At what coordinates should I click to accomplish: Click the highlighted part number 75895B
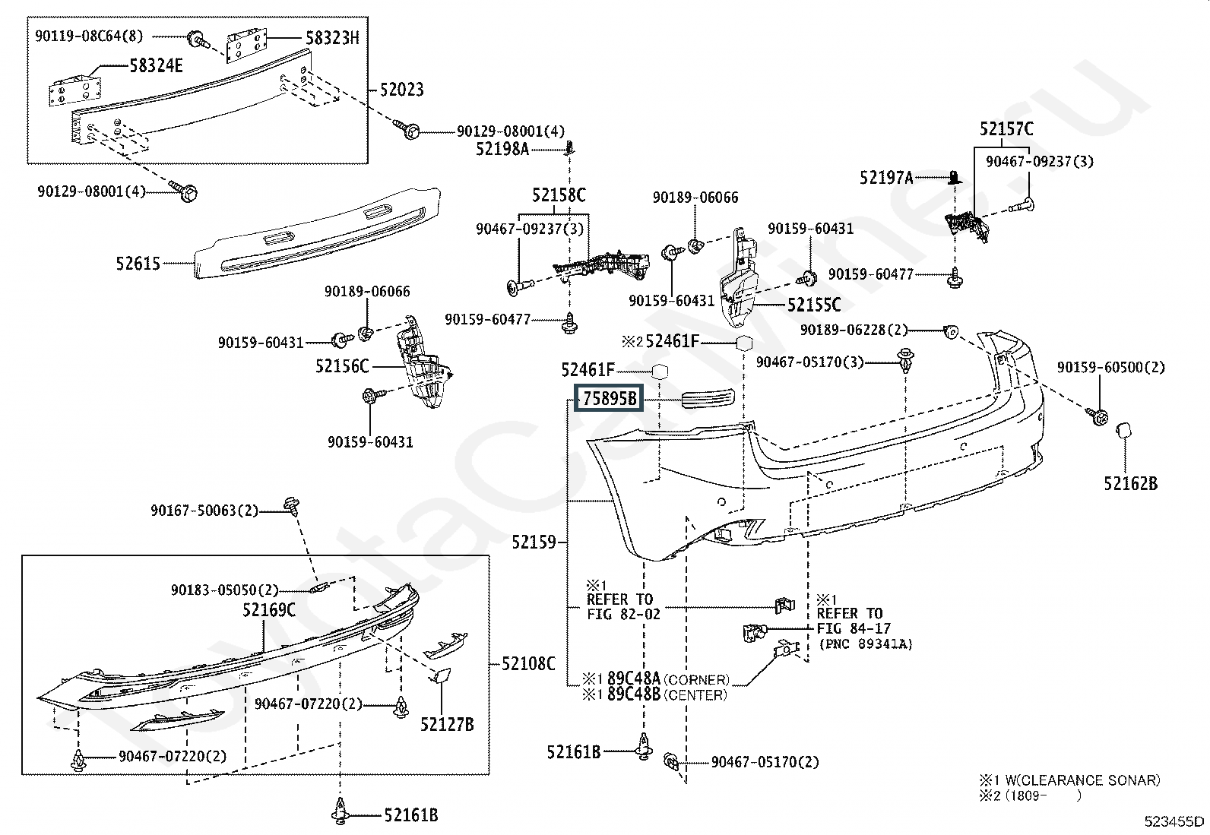point(609,399)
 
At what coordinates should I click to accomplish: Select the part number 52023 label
point(402,90)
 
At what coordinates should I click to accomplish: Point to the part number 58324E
point(156,66)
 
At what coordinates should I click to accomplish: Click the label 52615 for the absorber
point(138,264)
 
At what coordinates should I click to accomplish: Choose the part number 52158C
point(559,196)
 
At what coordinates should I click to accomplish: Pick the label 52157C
point(1006,129)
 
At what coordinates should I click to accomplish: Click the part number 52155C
point(814,305)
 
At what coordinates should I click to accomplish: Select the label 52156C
point(342,367)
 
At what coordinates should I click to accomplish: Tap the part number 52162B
point(1131,483)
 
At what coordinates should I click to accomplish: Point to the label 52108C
point(528,663)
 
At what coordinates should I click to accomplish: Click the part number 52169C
point(269,610)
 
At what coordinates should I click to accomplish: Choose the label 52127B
point(447,725)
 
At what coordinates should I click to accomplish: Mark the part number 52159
point(534,542)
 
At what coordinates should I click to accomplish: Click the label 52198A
point(502,149)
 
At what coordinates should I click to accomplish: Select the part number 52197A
point(886,178)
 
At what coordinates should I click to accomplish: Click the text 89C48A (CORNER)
point(667,679)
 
